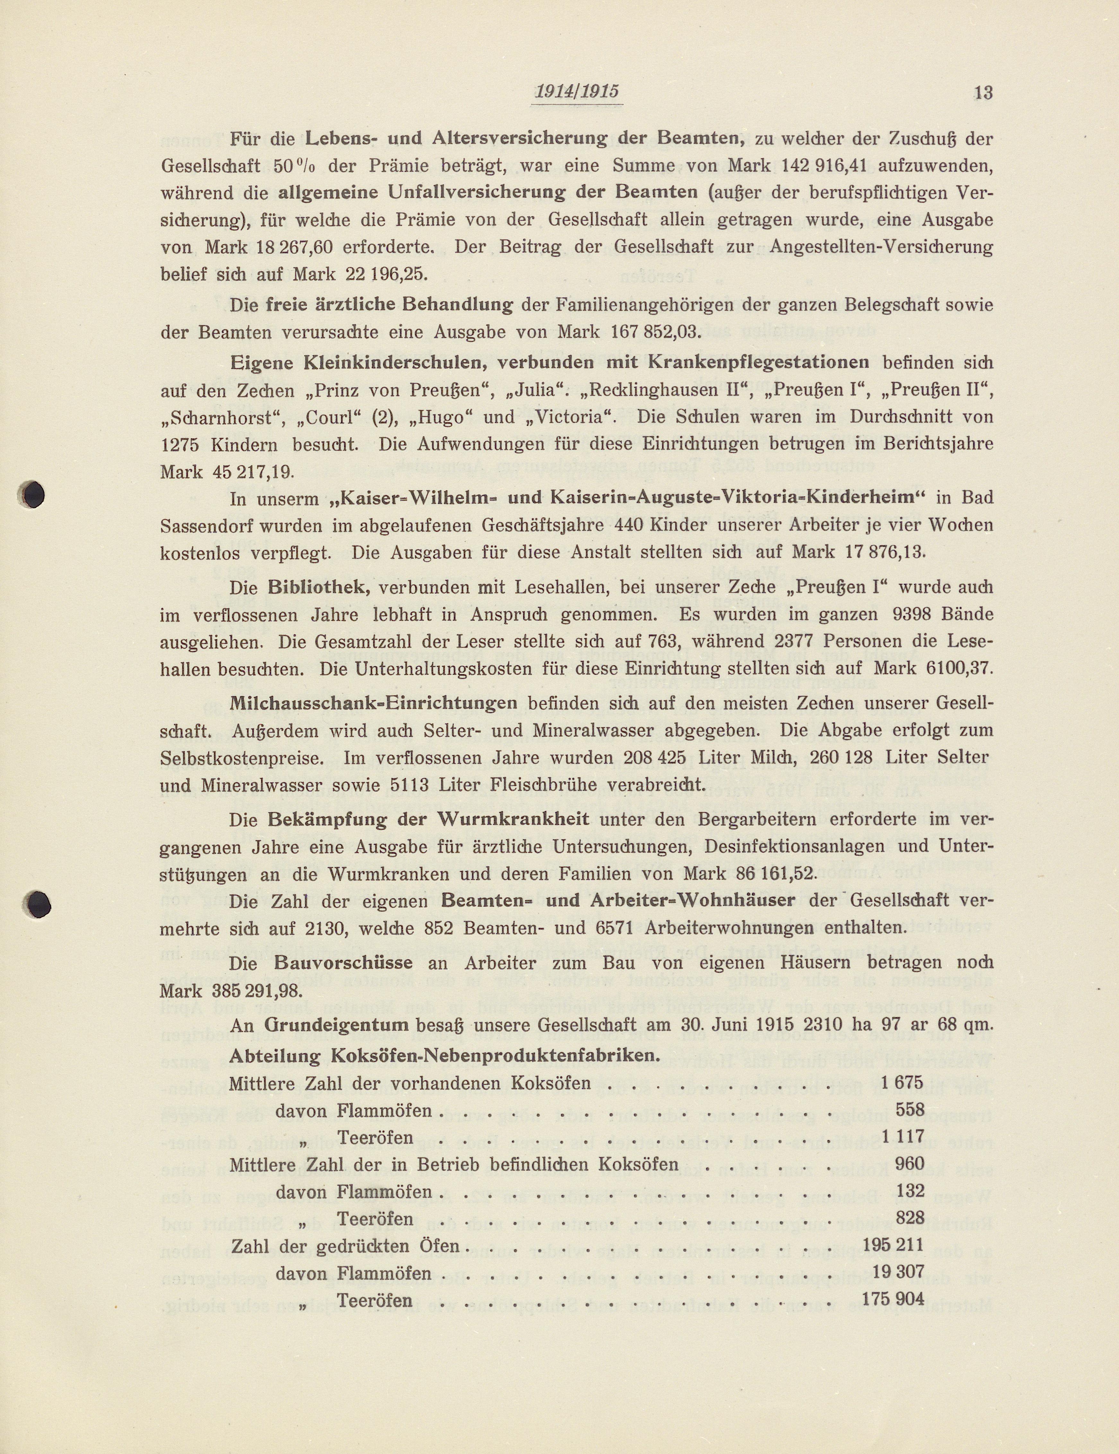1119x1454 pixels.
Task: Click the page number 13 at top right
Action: pos(983,92)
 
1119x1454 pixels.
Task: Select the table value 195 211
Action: pos(893,1244)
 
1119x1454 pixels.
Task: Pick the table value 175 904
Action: pos(893,1299)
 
